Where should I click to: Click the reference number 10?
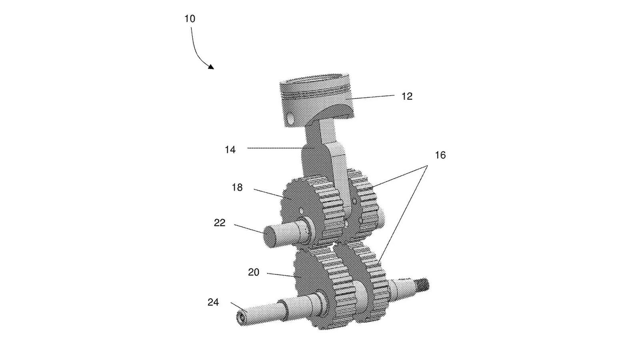(x=190, y=18)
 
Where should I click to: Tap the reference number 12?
(x=407, y=96)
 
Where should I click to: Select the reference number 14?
(x=230, y=150)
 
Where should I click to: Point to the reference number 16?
(x=440, y=155)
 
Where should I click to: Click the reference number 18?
(x=237, y=188)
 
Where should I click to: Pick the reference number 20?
(x=254, y=272)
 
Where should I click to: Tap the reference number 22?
(x=220, y=223)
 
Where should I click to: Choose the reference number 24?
(x=213, y=302)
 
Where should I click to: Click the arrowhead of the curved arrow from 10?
(x=211, y=66)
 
